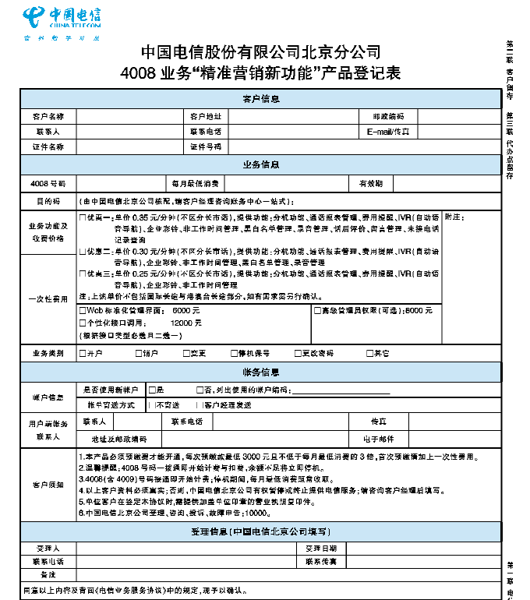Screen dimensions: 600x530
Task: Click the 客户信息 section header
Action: pyautogui.click(x=261, y=99)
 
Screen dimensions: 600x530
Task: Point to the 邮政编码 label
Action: pyautogui.click(x=388, y=116)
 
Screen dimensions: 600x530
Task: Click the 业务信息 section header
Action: pyautogui.click(x=261, y=165)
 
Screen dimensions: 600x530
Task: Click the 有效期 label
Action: pyautogui.click(x=370, y=184)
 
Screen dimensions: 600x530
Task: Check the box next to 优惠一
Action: pyautogui.click(x=83, y=216)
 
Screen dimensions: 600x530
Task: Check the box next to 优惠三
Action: pyautogui.click(x=83, y=275)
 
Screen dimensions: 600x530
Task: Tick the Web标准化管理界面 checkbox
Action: pyautogui.click(x=83, y=310)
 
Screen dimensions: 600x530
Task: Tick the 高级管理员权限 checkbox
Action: pyautogui.click(x=316, y=310)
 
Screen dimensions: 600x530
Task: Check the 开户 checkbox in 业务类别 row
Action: pyautogui.click(x=83, y=353)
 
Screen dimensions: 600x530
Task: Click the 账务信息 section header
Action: pyautogui.click(x=261, y=372)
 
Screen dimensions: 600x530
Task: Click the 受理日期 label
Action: pyautogui.click(x=320, y=548)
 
